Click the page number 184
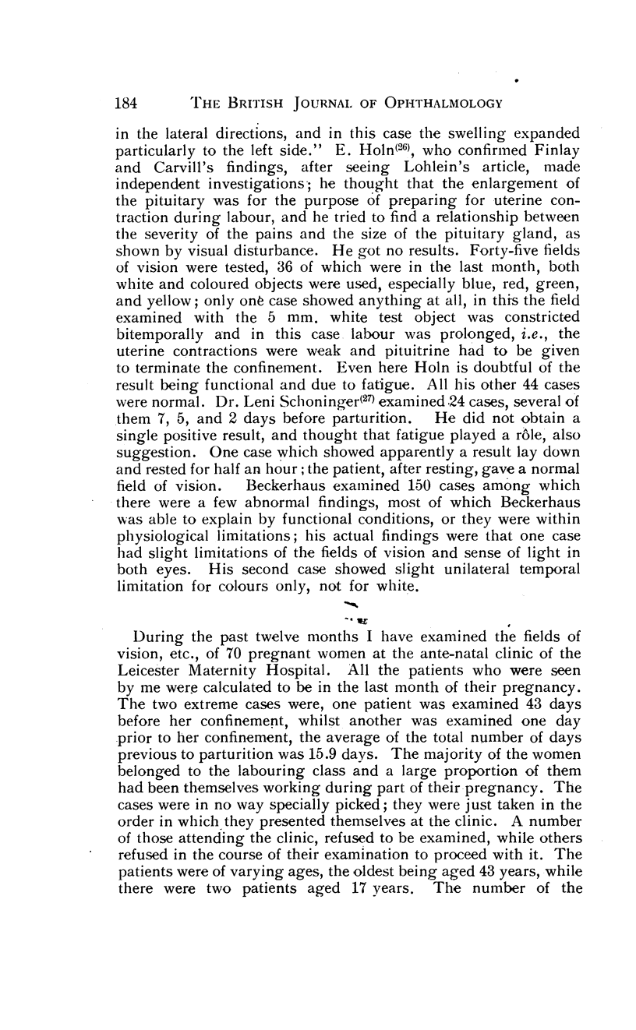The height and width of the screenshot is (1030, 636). (127, 102)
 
